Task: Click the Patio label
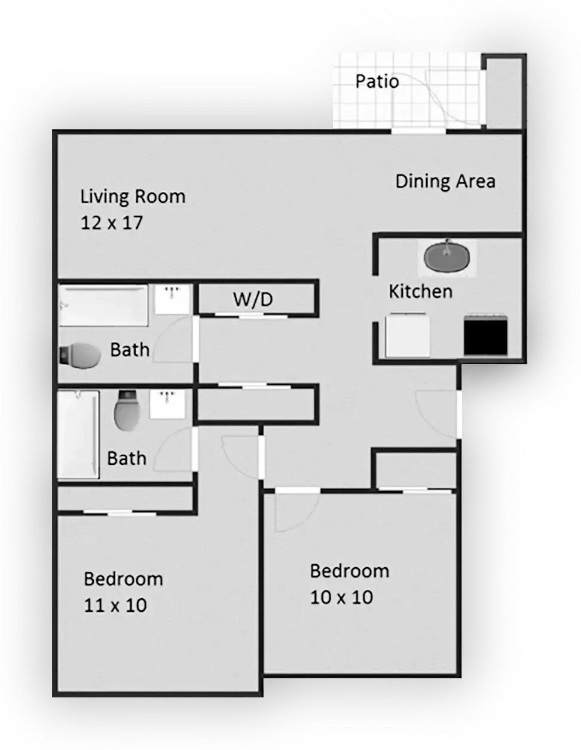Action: point(377,81)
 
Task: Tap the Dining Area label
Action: point(445,181)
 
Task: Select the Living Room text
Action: point(133,197)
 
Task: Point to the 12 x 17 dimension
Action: point(112,223)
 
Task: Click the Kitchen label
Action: point(420,292)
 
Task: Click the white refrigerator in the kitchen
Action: point(408,335)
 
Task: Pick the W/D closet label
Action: point(252,299)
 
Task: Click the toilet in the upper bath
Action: point(80,355)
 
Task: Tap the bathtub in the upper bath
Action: point(103,305)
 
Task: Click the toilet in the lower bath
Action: point(126,411)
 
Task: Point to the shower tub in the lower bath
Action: point(78,434)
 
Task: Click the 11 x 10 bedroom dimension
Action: point(115,605)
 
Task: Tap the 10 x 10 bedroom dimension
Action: point(341,597)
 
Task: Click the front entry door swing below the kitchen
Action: point(438,412)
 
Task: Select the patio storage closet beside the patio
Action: point(504,93)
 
